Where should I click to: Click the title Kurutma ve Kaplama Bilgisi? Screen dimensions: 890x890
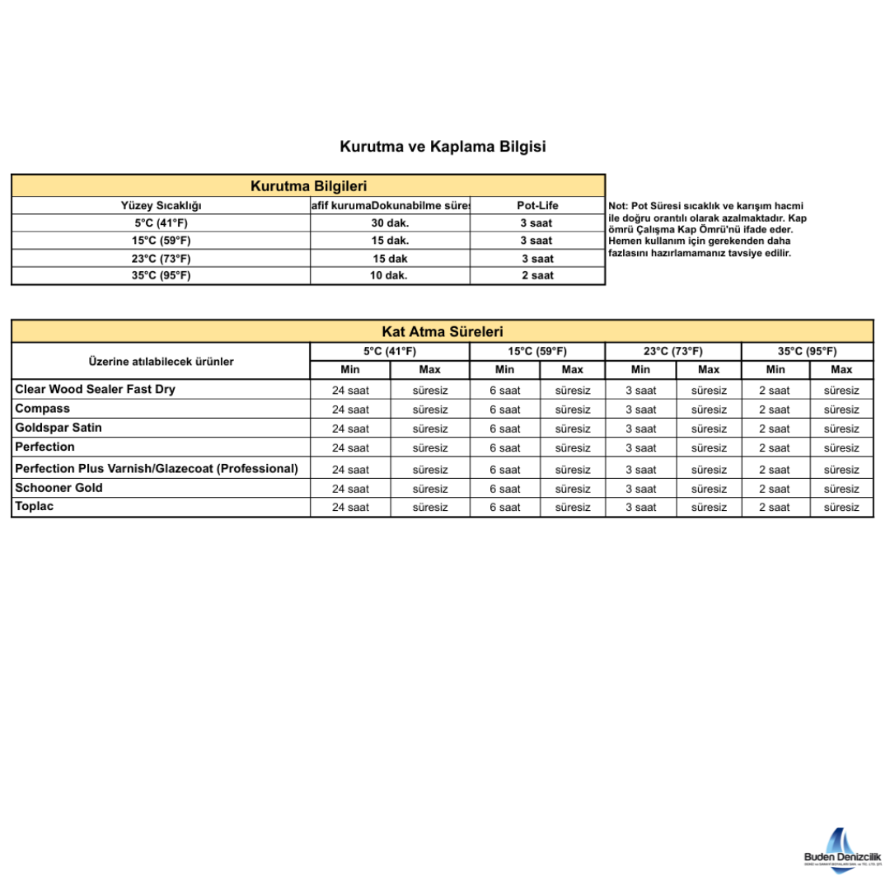tap(443, 147)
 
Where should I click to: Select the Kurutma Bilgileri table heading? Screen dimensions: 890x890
tap(308, 186)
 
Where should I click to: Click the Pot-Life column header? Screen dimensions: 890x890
tap(537, 205)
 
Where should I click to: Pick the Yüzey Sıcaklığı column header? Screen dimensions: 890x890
tap(161, 205)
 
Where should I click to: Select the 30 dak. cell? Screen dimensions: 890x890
tap(390, 222)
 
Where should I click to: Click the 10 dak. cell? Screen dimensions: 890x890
tap(390, 275)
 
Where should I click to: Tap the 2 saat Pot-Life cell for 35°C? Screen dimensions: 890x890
tap(537, 275)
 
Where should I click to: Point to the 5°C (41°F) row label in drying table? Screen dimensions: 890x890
tap(161, 222)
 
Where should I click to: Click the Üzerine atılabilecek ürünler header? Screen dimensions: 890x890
tap(161, 361)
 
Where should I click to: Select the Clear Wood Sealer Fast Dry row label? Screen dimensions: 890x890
tap(95, 389)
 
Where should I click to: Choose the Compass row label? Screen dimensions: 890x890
tap(42, 409)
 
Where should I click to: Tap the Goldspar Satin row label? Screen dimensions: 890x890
tap(59, 428)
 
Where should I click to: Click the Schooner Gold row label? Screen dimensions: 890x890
tap(59, 487)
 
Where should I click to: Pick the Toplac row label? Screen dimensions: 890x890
tap(34, 506)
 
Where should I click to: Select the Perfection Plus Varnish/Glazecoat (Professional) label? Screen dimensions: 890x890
tap(157, 468)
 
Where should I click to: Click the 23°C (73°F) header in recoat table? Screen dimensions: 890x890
tap(673, 351)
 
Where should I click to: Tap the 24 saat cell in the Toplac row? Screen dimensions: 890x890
tap(350, 508)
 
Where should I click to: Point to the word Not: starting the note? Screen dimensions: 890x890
tap(617, 205)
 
